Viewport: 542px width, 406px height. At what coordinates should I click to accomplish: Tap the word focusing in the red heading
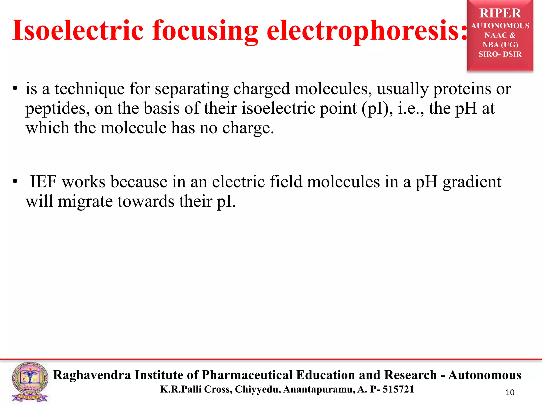(205, 31)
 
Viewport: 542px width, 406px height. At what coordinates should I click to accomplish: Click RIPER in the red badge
(500, 13)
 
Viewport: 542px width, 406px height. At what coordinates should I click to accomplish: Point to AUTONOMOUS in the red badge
(500, 26)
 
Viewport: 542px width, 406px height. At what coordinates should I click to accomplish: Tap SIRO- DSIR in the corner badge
(500, 54)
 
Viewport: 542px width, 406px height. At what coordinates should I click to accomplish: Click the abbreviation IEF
(43, 182)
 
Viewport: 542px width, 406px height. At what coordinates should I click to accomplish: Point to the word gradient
(472, 182)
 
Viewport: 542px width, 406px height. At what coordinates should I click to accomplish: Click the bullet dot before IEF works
(15, 182)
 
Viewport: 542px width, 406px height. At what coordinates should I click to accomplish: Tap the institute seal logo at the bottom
(30, 382)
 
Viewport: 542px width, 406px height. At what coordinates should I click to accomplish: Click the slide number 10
(510, 393)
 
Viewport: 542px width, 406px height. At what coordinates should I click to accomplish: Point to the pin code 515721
(398, 389)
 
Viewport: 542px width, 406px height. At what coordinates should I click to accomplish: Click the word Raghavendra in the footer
(92, 375)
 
